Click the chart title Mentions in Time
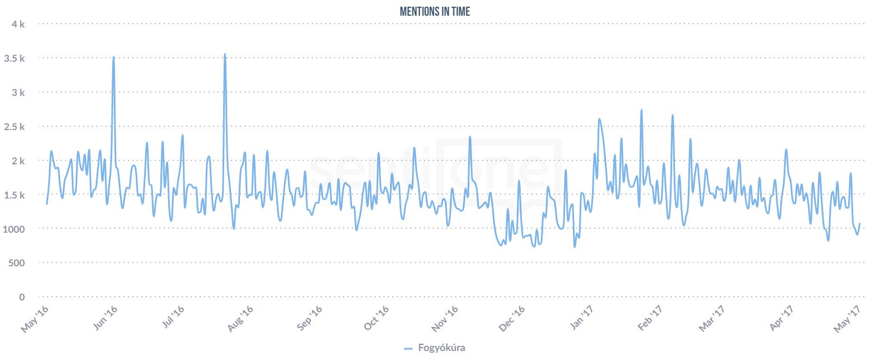click(434, 12)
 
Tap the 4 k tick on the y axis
click(18, 24)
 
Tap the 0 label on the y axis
click(22, 297)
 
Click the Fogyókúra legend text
click(442, 348)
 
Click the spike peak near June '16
click(114, 57)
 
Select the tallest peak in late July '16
click(225, 54)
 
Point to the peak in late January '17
click(641, 110)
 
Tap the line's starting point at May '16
click(47, 204)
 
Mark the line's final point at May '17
click(859, 224)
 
